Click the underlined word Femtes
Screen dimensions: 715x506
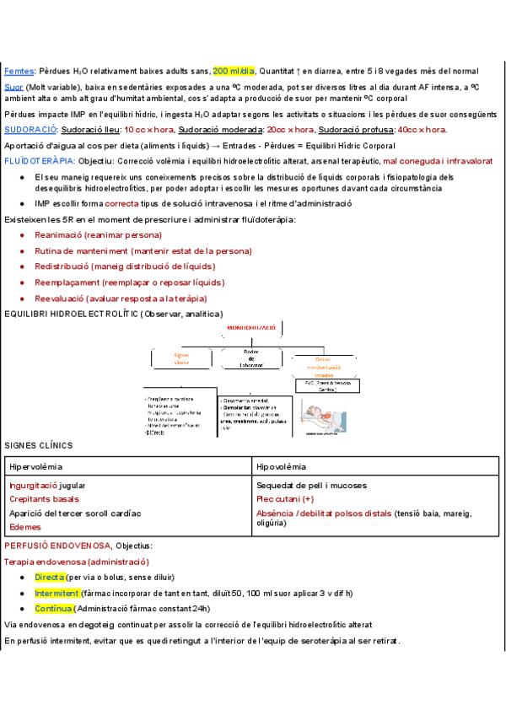[x=19, y=71]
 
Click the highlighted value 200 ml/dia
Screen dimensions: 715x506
[x=234, y=71]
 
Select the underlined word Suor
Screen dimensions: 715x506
[x=13, y=86]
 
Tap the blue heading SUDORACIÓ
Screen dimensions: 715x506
[x=30, y=129]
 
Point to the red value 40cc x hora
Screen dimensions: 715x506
[x=422, y=129]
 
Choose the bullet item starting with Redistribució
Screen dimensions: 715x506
[x=124, y=266]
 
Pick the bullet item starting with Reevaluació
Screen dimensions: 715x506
[x=121, y=298]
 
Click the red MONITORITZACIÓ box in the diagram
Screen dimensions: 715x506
[x=252, y=327]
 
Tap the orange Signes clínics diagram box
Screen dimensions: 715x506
[x=182, y=357]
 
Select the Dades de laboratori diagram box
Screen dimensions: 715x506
[x=250, y=358]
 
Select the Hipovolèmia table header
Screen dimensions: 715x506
[x=282, y=466]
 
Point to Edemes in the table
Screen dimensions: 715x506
[x=24, y=526]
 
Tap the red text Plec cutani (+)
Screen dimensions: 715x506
[x=285, y=498]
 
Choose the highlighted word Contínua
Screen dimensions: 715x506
[x=54, y=608]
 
